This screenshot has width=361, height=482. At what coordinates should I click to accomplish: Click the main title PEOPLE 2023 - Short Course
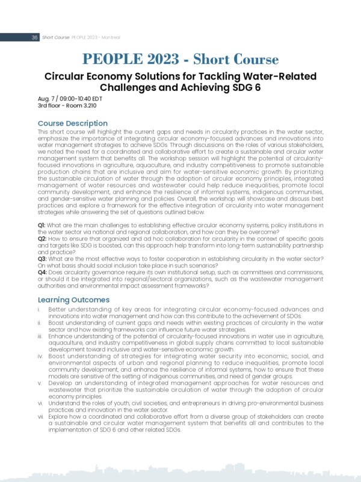(180, 60)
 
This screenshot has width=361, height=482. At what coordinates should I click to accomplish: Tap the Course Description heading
(73, 124)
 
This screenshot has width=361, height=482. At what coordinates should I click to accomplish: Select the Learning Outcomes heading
(73, 299)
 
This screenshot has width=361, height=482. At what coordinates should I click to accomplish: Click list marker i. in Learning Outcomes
(39, 308)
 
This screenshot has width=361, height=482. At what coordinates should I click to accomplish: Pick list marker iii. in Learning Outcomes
(40, 337)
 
